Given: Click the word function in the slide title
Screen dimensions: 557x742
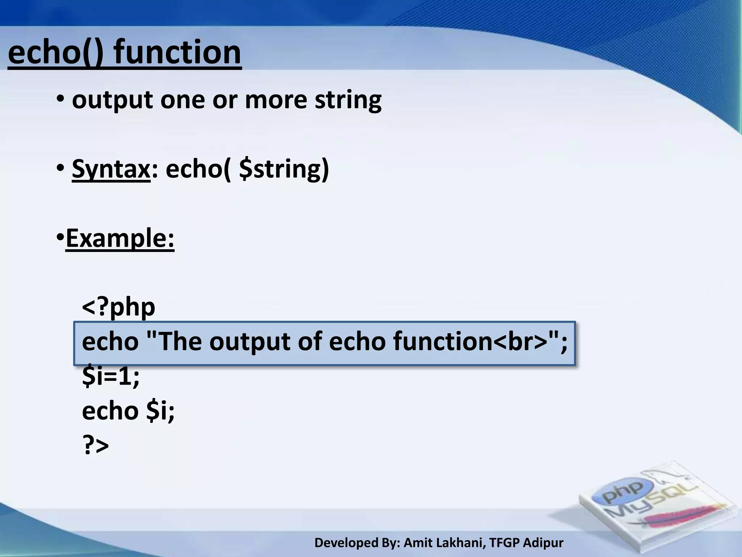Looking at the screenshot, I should (x=178, y=53).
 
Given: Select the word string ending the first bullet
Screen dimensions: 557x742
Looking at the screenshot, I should (x=348, y=100).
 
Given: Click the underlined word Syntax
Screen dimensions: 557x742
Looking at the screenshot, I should (x=111, y=169).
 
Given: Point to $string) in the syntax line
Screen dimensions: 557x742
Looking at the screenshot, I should (x=284, y=169).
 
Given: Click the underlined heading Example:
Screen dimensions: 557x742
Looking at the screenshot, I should (x=120, y=238).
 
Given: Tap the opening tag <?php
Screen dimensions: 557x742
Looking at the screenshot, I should (x=118, y=307).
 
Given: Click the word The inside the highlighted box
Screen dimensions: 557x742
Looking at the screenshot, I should (x=180, y=342).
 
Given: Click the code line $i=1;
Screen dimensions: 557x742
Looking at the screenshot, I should (x=111, y=376).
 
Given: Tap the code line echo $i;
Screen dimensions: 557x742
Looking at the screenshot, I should (x=128, y=411).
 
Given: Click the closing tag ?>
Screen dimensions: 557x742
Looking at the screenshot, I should (x=95, y=445).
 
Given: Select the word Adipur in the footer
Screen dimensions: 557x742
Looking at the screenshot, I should (x=543, y=543).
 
